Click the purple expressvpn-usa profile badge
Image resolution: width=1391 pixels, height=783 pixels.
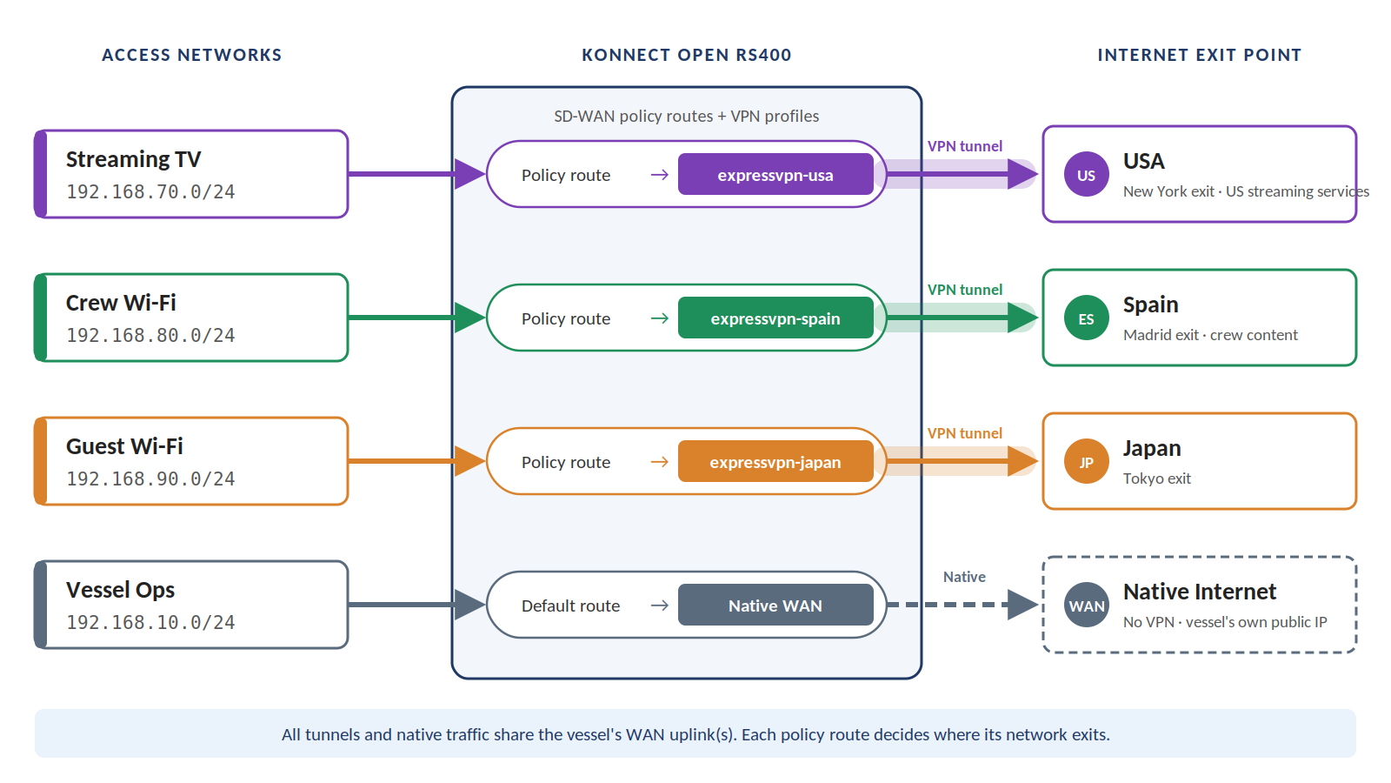(x=775, y=175)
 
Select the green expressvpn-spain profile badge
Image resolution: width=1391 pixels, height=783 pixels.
(x=775, y=318)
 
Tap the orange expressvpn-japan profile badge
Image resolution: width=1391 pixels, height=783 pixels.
(x=775, y=462)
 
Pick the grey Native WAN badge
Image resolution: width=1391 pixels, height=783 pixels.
(x=775, y=606)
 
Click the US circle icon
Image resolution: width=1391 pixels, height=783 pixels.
(x=1086, y=175)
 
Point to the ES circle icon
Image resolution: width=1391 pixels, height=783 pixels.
(x=1086, y=318)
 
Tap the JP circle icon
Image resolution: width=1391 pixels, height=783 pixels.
(x=1086, y=462)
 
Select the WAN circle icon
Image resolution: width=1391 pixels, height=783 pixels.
(x=1086, y=606)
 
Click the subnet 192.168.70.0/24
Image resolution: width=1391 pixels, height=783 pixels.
(x=151, y=191)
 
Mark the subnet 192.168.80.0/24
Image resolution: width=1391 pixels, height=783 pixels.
(x=151, y=335)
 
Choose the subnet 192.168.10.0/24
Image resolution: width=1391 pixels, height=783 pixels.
(x=151, y=622)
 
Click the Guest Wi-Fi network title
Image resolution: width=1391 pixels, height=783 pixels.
(x=124, y=446)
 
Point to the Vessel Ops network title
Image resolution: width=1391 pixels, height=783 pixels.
(x=121, y=590)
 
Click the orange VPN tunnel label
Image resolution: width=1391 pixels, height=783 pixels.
(x=965, y=433)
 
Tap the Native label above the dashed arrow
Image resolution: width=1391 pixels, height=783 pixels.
(x=964, y=577)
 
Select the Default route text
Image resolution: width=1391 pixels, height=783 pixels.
(x=570, y=606)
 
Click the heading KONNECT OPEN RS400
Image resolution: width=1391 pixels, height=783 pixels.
(x=687, y=55)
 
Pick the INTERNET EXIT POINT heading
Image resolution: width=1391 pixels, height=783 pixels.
(x=1200, y=55)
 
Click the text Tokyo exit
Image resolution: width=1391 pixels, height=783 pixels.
(x=1157, y=478)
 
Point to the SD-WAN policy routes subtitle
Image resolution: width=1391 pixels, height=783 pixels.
(x=686, y=117)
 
